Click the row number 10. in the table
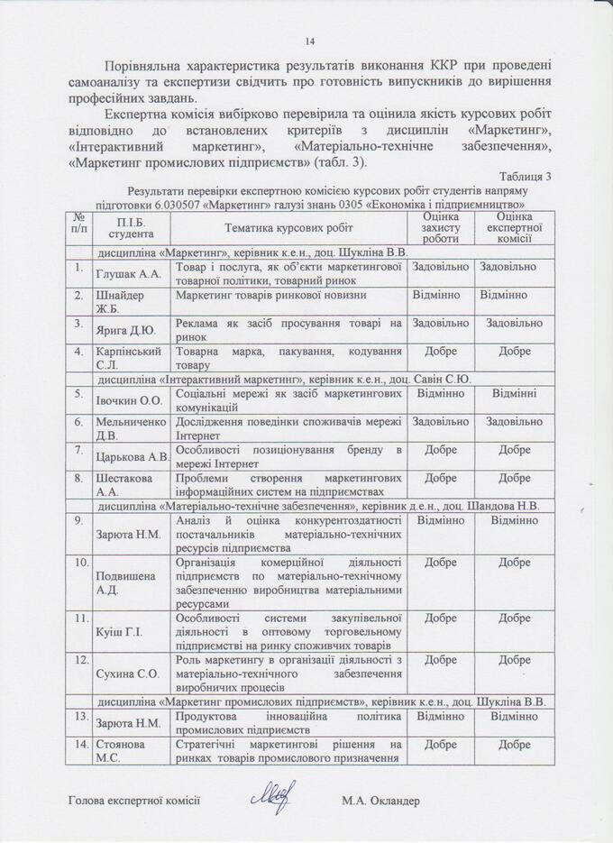coord(79,563)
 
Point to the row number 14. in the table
coord(79,745)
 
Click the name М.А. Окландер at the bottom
coord(381,801)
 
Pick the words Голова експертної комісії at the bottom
coord(133,801)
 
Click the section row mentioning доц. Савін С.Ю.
coord(284,379)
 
